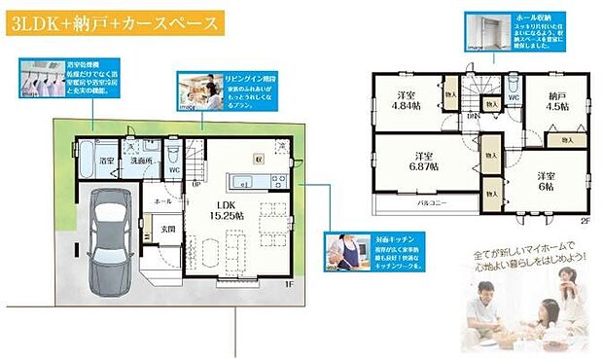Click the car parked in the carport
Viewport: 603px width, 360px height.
[108, 227]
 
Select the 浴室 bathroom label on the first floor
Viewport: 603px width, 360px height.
[106, 161]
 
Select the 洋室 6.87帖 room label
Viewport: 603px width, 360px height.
[424, 162]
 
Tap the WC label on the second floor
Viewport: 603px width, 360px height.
[513, 98]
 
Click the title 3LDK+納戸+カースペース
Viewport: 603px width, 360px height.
[112, 25]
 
